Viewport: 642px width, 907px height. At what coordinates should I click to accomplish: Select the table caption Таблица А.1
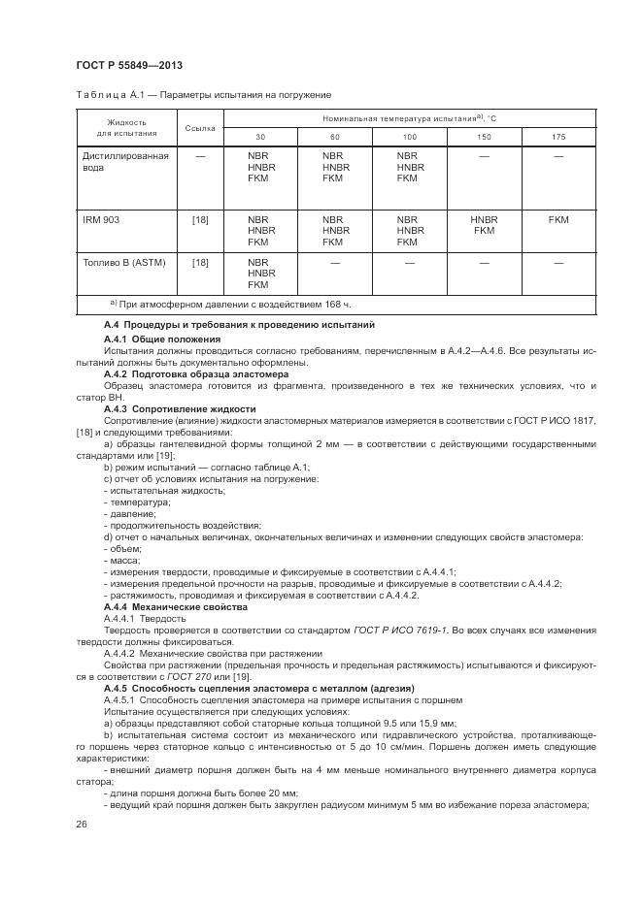[203, 95]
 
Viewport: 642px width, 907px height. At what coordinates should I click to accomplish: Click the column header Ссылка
[199, 128]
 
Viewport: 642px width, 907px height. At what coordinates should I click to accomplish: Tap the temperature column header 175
[558, 137]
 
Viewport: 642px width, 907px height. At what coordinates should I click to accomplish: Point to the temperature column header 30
[259, 137]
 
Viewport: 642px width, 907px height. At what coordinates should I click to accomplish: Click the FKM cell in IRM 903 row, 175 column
[558, 220]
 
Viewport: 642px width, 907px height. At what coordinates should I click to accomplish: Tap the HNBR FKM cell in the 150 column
[484, 226]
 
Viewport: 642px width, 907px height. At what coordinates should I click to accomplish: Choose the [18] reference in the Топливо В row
[199, 263]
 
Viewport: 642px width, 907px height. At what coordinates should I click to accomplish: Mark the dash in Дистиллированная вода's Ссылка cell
[199, 155]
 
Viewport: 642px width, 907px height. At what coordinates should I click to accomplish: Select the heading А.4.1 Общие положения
[162, 339]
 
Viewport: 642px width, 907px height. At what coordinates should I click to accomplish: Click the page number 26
[82, 823]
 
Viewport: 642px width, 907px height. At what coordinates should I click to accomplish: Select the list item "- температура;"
[137, 502]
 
